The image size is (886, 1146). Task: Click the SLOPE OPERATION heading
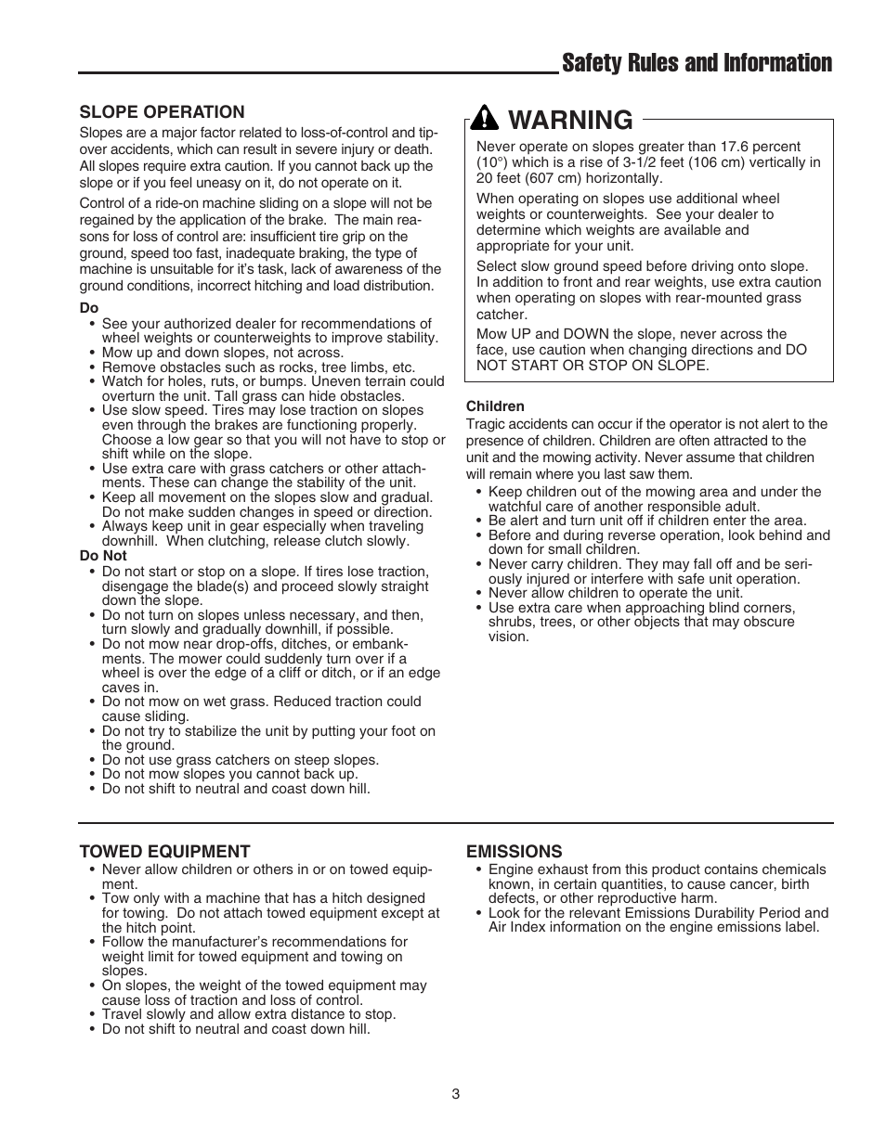pyautogui.click(x=162, y=112)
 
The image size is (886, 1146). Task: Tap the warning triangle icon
pyautogui.click(x=485, y=119)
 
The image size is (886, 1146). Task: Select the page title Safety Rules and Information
pyautogui.click(x=697, y=63)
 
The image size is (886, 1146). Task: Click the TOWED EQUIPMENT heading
pyautogui.click(x=164, y=851)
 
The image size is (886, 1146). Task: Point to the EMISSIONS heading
pyautogui.click(x=514, y=851)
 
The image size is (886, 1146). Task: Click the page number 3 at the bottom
pyautogui.click(x=455, y=1094)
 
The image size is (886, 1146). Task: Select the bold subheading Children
pyautogui.click(x=495, y=406)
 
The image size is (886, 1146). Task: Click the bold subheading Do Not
pyautogui.click(x=102, y=557)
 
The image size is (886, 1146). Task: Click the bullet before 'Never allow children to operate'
pyautogui.click(x=479, y=594)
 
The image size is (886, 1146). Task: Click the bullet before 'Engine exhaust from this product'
pyautogui.click(x=479, y=870)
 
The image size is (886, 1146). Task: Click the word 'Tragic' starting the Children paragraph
pyautogui.click(x=486, y=424)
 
